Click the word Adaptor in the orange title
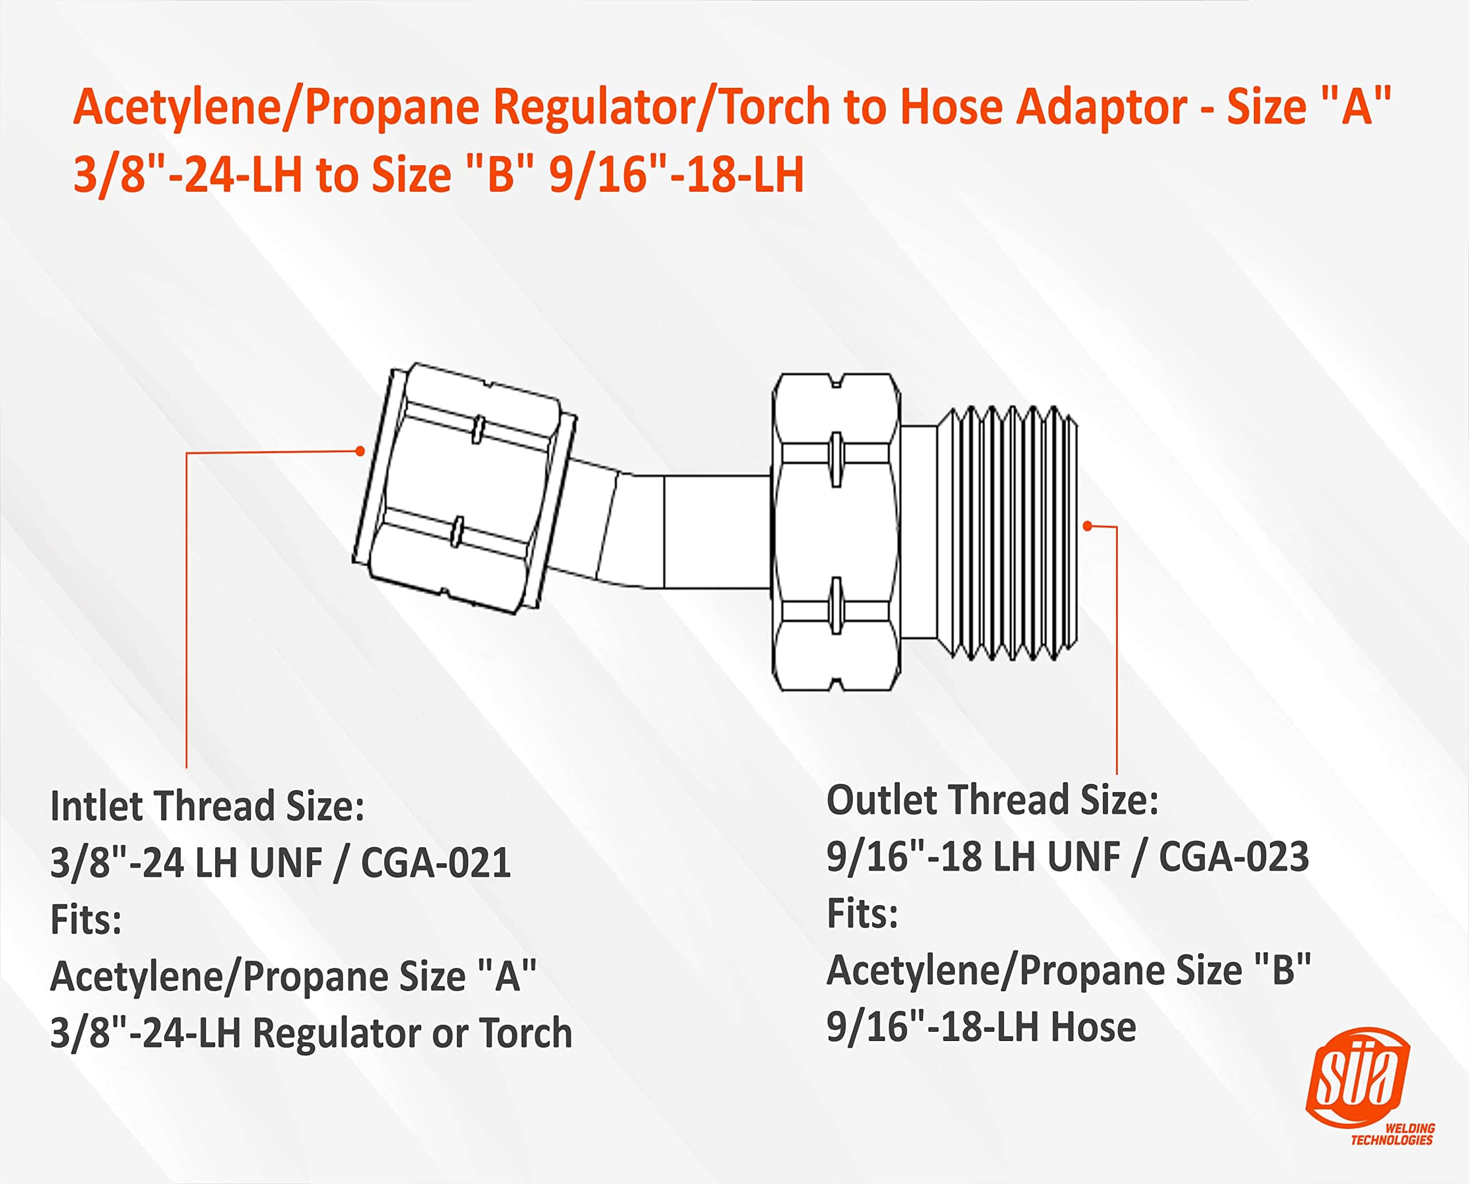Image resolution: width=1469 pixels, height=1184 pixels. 1101,108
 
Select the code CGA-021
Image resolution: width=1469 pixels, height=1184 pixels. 436,862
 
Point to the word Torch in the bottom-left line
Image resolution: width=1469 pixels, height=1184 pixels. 525,1032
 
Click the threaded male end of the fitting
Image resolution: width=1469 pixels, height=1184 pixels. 1007,533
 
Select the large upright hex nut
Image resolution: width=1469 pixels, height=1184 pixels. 836,532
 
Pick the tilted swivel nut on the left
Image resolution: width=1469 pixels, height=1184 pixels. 464,488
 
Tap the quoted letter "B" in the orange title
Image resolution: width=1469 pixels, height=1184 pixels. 500,174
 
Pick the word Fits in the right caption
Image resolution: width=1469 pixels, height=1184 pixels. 862,913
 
